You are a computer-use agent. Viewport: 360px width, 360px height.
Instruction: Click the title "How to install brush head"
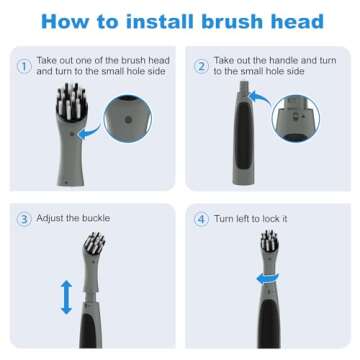tap(180, 22)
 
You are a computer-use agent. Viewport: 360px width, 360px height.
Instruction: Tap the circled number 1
tap(22, 68)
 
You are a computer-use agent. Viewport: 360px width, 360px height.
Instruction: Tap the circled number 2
tap(200, 68)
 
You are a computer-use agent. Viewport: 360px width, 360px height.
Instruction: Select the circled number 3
tap(22, 218)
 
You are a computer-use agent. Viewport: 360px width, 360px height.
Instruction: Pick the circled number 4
tap(200, 218)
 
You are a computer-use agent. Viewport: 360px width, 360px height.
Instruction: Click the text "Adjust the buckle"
tap(73, 218)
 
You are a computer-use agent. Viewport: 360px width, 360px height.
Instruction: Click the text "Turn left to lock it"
tap(253, 218)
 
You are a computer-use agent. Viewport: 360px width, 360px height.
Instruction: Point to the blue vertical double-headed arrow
tap(65, 296)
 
